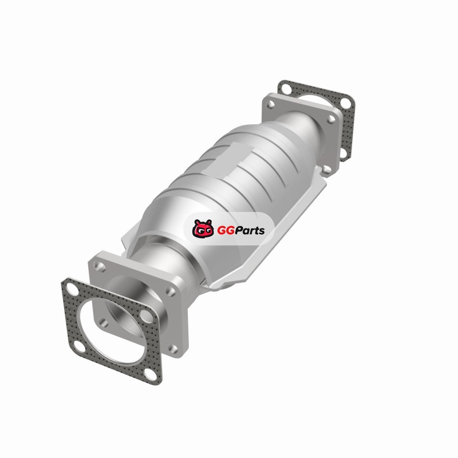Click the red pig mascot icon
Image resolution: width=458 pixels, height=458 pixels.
click(x=203, y=228)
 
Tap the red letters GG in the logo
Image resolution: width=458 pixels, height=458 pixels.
click(x=226, y=231)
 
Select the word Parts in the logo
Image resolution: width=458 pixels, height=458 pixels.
click(x=250, y=231)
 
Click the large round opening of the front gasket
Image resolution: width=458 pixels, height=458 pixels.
click(x=112, y=331)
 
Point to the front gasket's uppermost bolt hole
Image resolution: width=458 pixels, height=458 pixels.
click(x=71, y=289)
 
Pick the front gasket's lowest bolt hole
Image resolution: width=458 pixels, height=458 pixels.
click(x=151, y=374)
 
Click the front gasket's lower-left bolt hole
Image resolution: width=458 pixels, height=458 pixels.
click(x=79, y=347)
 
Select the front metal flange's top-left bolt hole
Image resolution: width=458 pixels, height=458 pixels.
click(x=99, y=266)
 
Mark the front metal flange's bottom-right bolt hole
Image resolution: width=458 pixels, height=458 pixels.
click(x=173, y=349)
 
